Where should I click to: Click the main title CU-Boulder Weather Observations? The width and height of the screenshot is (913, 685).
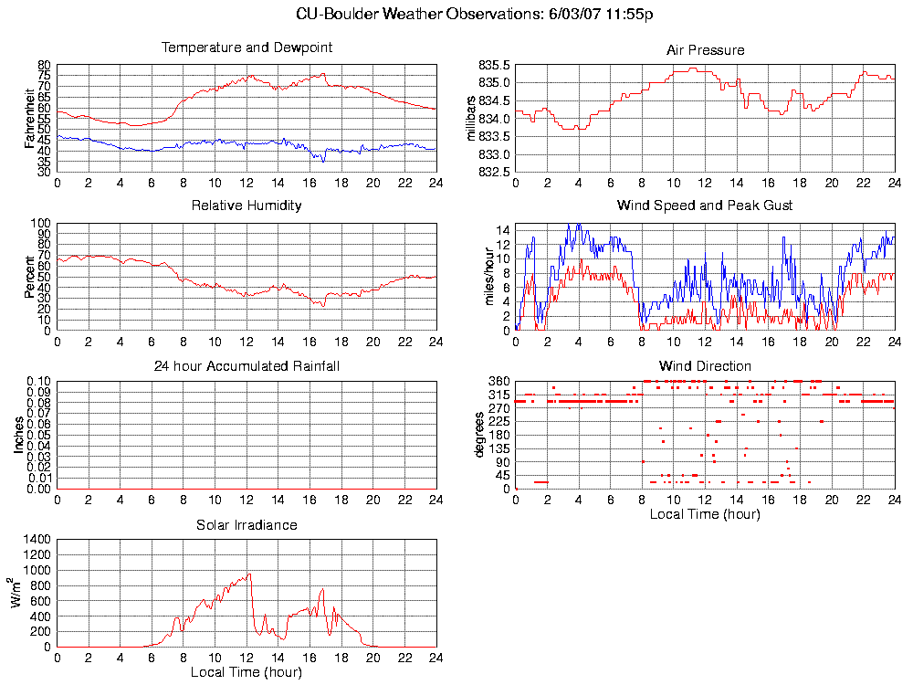(x=475, y=14)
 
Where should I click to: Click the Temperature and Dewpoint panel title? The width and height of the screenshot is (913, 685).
(x=247, y=47)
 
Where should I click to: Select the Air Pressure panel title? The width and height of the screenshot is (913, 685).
(x=705, y=50)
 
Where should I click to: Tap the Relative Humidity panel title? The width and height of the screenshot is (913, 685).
(x=247, y=205)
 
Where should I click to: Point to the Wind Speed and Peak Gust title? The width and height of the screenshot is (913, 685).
(x=705, y=205)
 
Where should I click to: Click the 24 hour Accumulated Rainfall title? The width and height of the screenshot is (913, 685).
(x=247, y=366)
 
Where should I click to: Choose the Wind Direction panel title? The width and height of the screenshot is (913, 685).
(x=705, y=366)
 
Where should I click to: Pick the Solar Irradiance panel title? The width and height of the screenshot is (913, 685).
(x=247, y=525)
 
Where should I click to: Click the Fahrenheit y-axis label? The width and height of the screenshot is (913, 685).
(x=29, y=118)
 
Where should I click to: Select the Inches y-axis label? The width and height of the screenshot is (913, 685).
(x=18, y=435)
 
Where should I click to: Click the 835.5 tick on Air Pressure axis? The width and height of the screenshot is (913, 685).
(x=495, y=66)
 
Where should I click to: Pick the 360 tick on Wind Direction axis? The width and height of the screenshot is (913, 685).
(x=498, y=382)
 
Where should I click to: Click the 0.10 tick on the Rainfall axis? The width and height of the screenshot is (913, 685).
(x=38, y=382)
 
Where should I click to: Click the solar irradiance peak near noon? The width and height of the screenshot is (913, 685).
(x=248, y=574)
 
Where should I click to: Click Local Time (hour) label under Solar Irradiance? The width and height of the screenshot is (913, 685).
(x=247, y=672)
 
